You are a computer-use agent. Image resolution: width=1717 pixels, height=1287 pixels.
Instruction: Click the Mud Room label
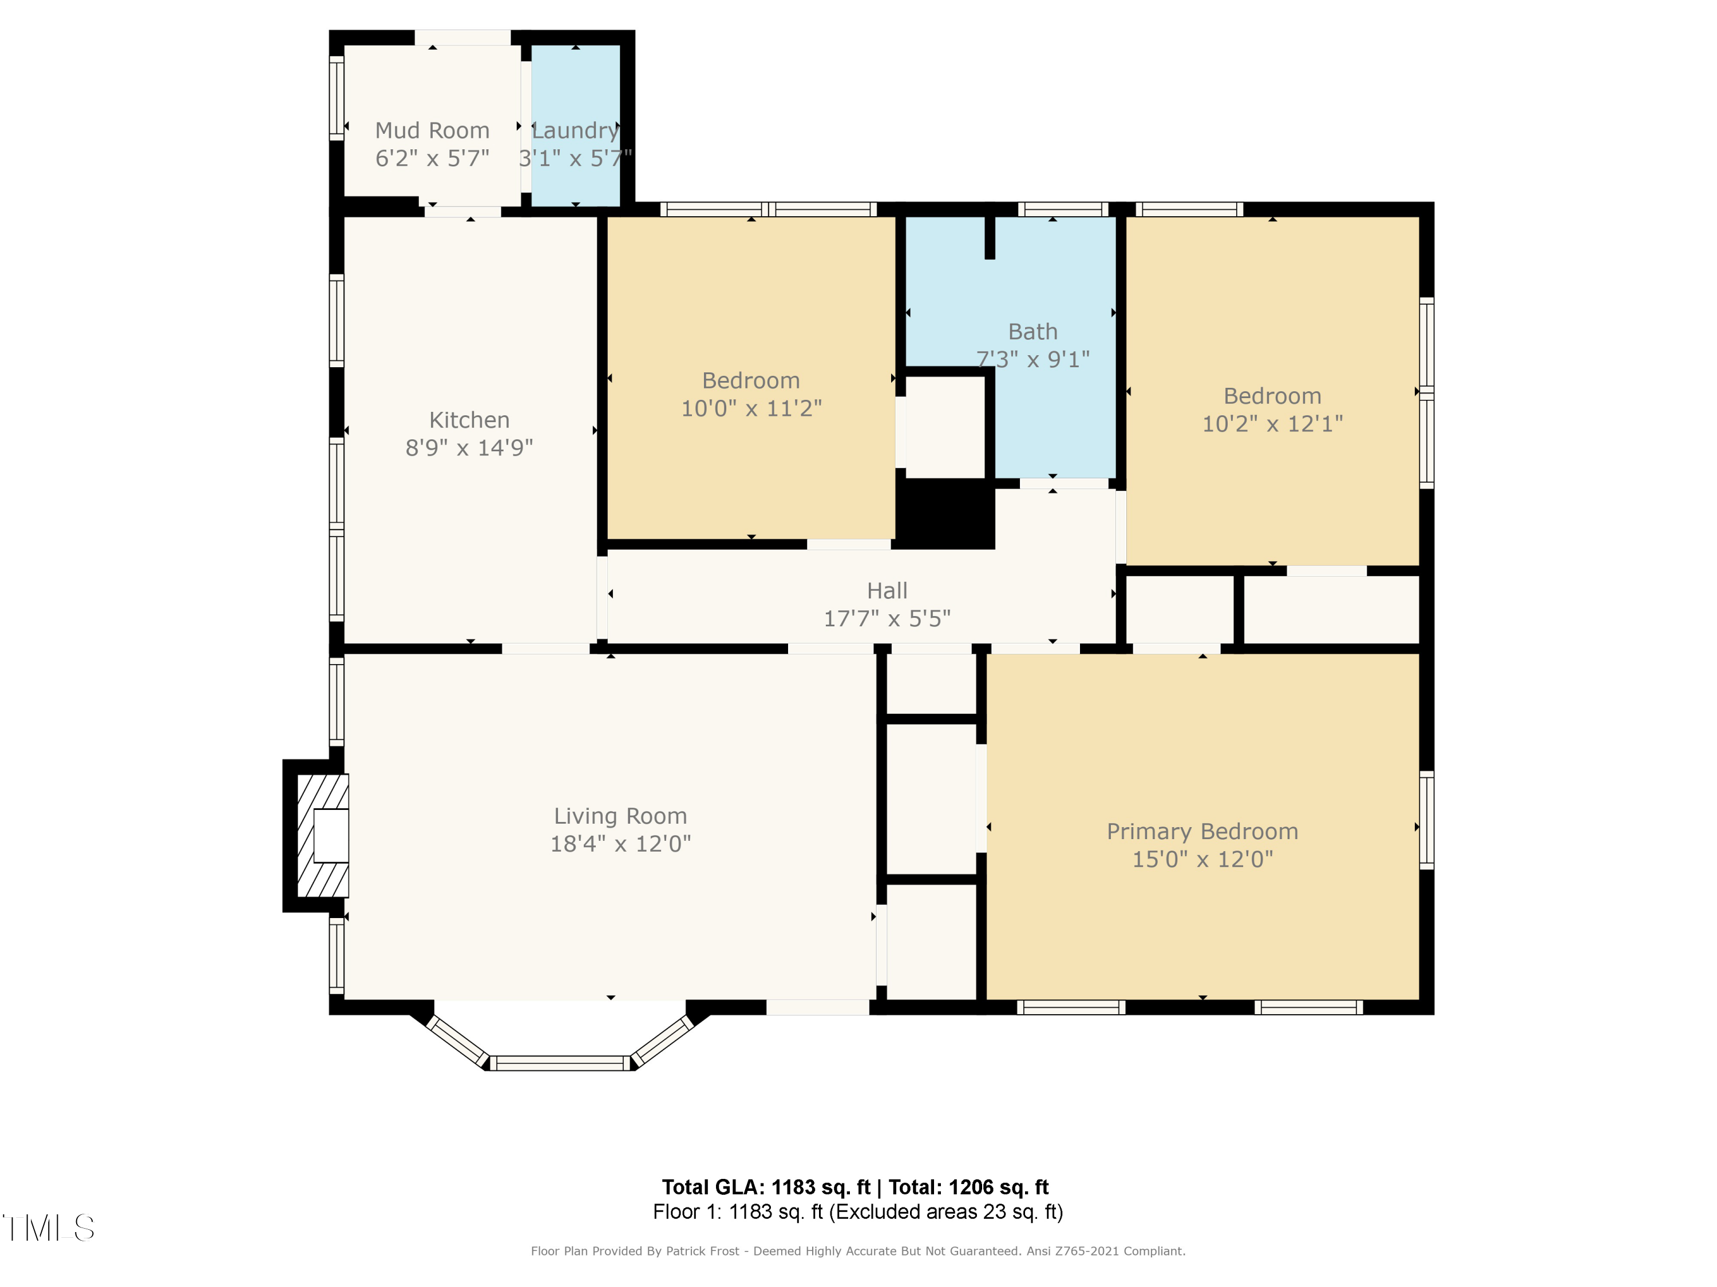pos(432,130)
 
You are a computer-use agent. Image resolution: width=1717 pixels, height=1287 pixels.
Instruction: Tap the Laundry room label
pos(575,130)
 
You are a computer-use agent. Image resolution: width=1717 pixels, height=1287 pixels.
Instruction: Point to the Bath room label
pos(1032,331)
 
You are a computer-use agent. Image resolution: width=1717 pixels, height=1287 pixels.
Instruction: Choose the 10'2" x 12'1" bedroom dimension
pos(1272,424)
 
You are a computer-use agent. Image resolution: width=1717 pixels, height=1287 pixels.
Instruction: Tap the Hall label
pos(887,590)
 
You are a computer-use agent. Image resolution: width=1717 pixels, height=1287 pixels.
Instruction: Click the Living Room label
pos(620,816)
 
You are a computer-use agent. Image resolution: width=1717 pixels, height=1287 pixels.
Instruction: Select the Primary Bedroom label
pos(1202,832)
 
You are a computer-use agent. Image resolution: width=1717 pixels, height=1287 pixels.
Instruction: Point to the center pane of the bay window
pos(560,1063)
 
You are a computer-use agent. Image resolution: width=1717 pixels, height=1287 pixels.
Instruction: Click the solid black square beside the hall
pos(945,514)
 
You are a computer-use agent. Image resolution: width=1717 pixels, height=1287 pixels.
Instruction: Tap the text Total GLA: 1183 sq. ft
pos(766,1187)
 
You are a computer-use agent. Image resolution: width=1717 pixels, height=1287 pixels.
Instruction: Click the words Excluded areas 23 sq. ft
pos(945,1211)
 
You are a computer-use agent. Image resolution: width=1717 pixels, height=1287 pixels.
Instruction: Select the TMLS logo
pos(48,1228)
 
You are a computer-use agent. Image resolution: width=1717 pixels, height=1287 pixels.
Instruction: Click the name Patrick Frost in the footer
pos(702,1250)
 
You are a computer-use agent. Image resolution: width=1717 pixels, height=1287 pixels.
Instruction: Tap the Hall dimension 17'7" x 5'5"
pos(887,618)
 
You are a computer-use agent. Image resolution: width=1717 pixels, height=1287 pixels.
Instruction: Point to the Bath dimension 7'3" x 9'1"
pos(1032,359)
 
